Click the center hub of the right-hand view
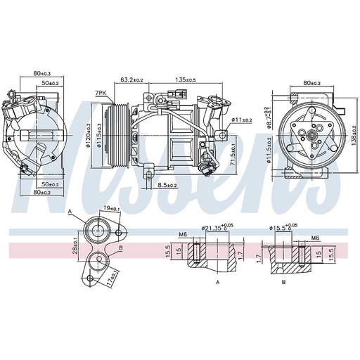310,134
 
